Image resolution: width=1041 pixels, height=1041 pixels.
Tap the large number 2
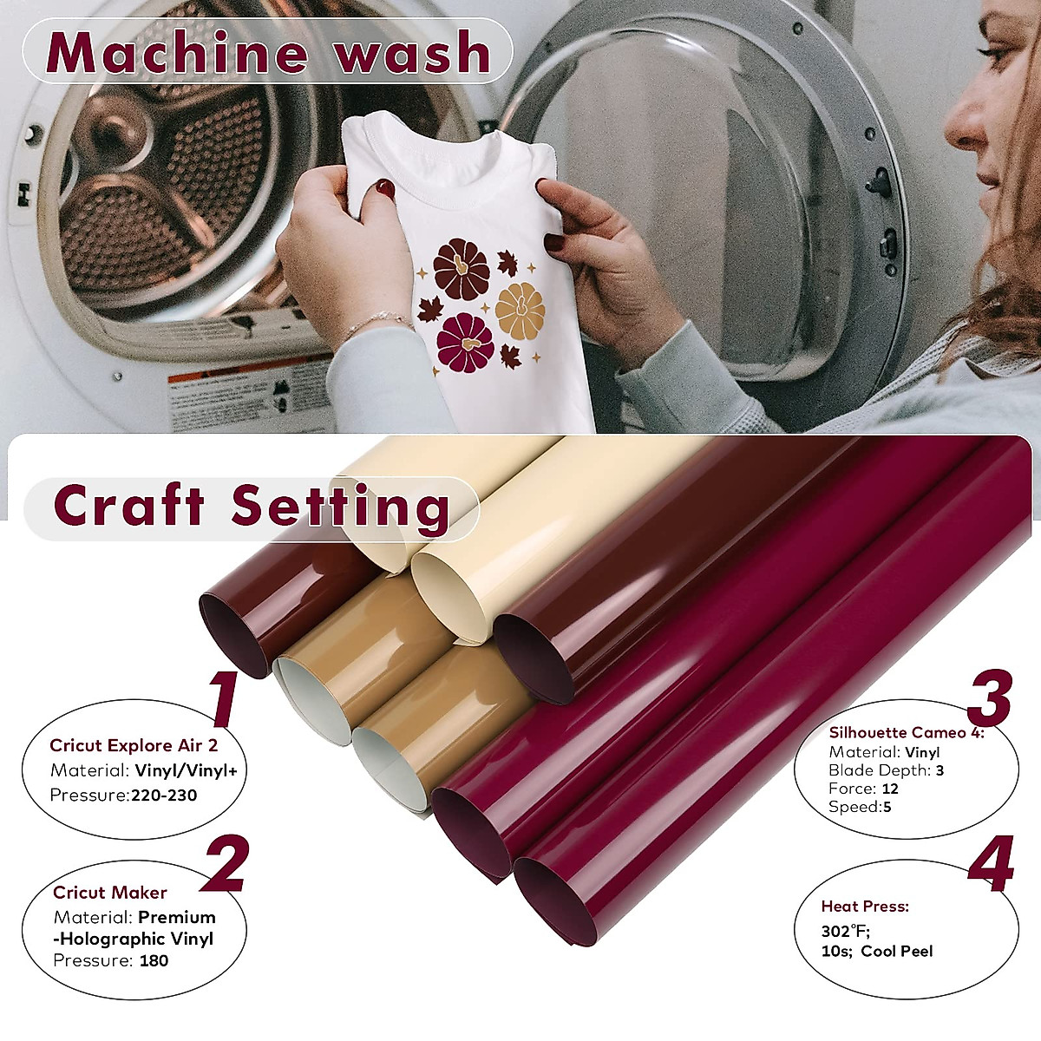point(225,863)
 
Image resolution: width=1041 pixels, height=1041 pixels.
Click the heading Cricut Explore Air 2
point(134,745)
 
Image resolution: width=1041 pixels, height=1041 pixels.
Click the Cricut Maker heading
point(110,893)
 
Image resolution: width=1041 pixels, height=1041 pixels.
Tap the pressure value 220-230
point(164,795)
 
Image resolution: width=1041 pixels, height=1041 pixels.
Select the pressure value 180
point(154,960)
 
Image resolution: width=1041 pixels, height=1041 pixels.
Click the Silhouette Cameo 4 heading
point(906,733)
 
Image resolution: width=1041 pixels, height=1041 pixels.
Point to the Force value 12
point(889,789)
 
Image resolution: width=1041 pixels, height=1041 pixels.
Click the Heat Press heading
point(865,907)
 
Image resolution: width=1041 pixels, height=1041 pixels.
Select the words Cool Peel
point(897,952)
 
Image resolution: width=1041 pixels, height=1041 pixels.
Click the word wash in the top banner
point(413,54)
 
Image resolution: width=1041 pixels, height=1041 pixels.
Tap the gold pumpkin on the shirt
point(520,310)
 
